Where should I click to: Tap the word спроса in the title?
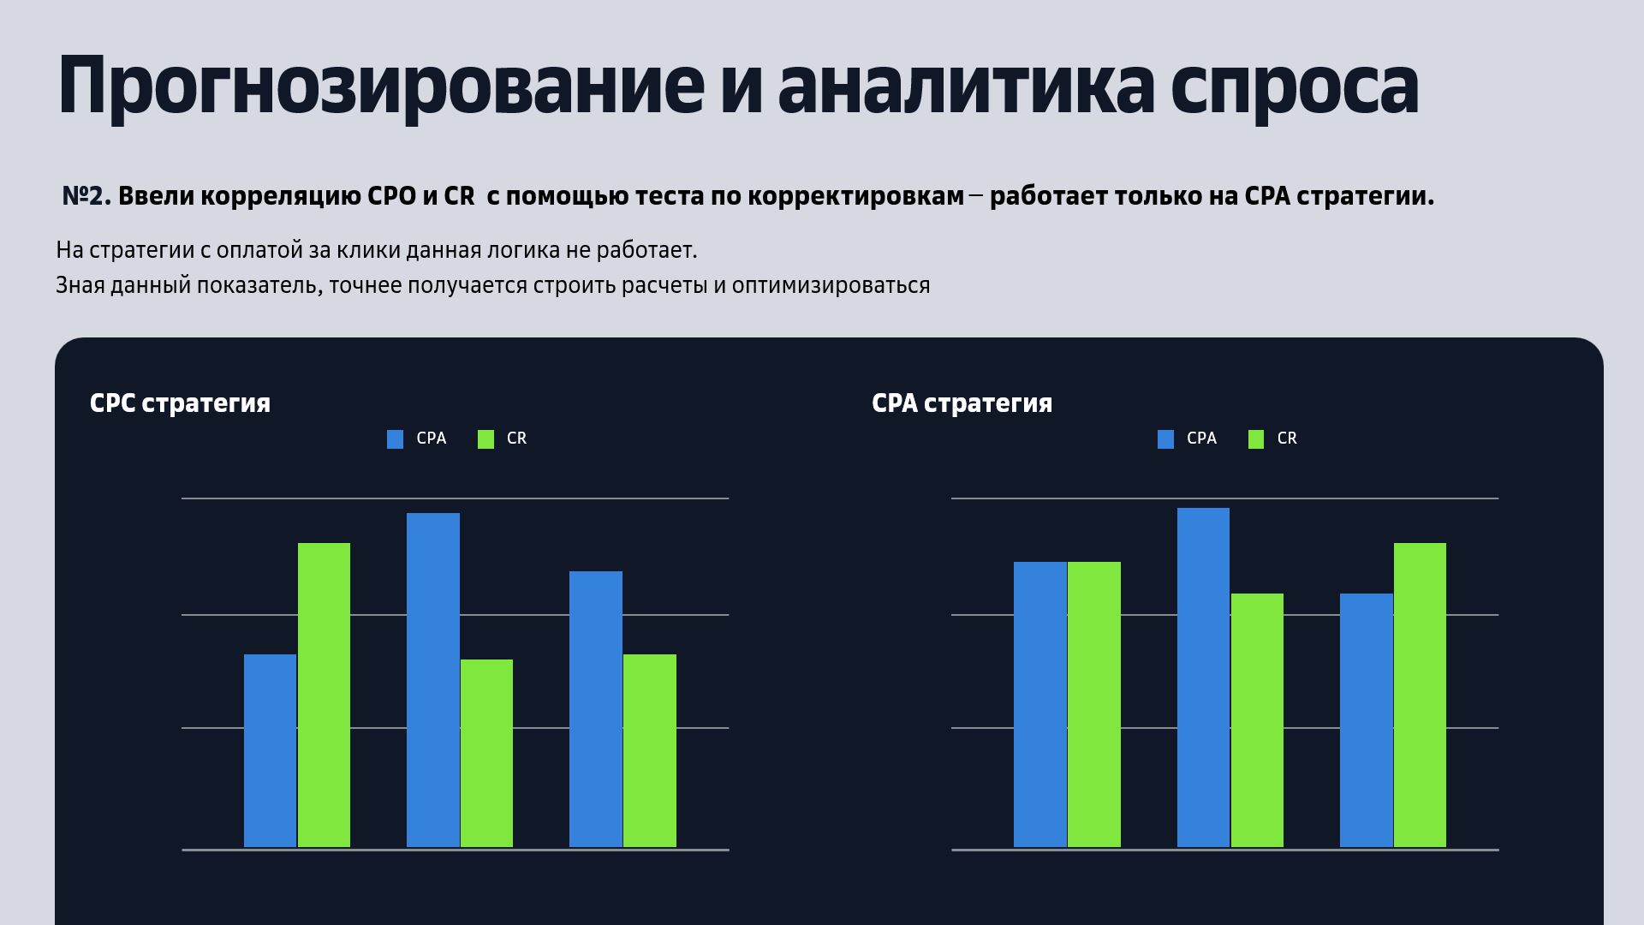click(1294, 86)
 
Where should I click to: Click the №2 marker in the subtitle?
click(86, 196)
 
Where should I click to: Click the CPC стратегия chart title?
click(180, 403)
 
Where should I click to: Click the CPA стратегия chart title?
click(962, 403)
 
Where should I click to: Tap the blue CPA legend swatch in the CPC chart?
click(395, 439)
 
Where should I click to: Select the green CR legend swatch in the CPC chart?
click(485, 439)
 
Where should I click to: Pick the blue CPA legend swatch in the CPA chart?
click(1165, 439)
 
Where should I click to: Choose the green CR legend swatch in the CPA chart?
click(1256, 439)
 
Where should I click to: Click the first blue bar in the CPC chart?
click(270, 750)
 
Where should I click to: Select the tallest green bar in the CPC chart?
click(324, 695)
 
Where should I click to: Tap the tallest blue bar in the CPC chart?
click(432, 680)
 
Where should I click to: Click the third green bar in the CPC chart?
click(649, 750)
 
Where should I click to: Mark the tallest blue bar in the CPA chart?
click(1203, 677)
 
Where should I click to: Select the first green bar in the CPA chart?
click(1093, 704)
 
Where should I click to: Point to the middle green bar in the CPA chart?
click(1257, 720)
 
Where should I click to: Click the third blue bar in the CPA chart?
click(1366, 720)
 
